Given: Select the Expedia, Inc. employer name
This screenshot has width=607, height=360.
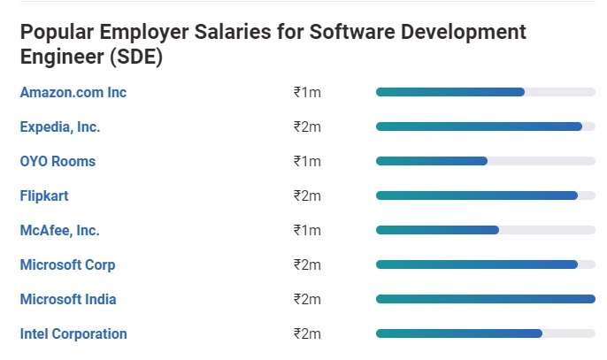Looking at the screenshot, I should tap(60, 126).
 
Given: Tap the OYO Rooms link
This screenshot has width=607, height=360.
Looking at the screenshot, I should tap(58, 161).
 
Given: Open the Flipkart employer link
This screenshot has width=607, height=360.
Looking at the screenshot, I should tap(44, 195).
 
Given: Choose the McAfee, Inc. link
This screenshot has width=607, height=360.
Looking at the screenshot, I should tap(59, 230).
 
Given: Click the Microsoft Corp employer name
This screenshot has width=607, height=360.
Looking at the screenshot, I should tap(67, 264).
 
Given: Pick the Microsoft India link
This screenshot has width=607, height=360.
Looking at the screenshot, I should tap(68, 299).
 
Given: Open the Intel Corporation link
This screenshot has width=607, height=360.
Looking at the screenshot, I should tap(73, 333).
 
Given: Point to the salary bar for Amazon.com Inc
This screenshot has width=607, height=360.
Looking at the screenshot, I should tap(450, 92).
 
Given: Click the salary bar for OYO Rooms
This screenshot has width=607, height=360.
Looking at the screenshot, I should tap(432, 161).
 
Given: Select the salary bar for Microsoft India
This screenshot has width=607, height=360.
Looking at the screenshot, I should tap(485, 299).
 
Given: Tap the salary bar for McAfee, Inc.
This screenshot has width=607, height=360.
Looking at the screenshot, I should tap(437, 230).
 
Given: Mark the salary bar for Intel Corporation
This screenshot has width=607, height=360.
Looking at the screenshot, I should tap(458, 333).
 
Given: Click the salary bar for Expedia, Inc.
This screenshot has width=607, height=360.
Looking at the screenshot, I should tap(479, 126).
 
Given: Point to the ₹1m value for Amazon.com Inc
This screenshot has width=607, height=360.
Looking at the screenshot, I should tap(307, 92).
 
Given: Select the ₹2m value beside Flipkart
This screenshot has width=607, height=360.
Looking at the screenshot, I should tap(307, 195).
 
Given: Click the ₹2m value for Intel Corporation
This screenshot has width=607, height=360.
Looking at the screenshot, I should tap(307, 333).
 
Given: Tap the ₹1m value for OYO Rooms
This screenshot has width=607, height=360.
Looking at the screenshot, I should tap(307, 161).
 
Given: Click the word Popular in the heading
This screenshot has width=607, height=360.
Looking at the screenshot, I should tap(58, 33).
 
